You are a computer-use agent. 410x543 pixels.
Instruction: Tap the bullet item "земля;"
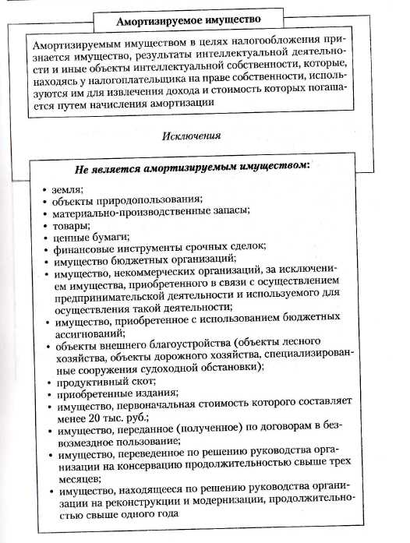click(69, 188)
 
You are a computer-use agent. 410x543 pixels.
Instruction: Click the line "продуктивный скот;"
click(98, 384)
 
